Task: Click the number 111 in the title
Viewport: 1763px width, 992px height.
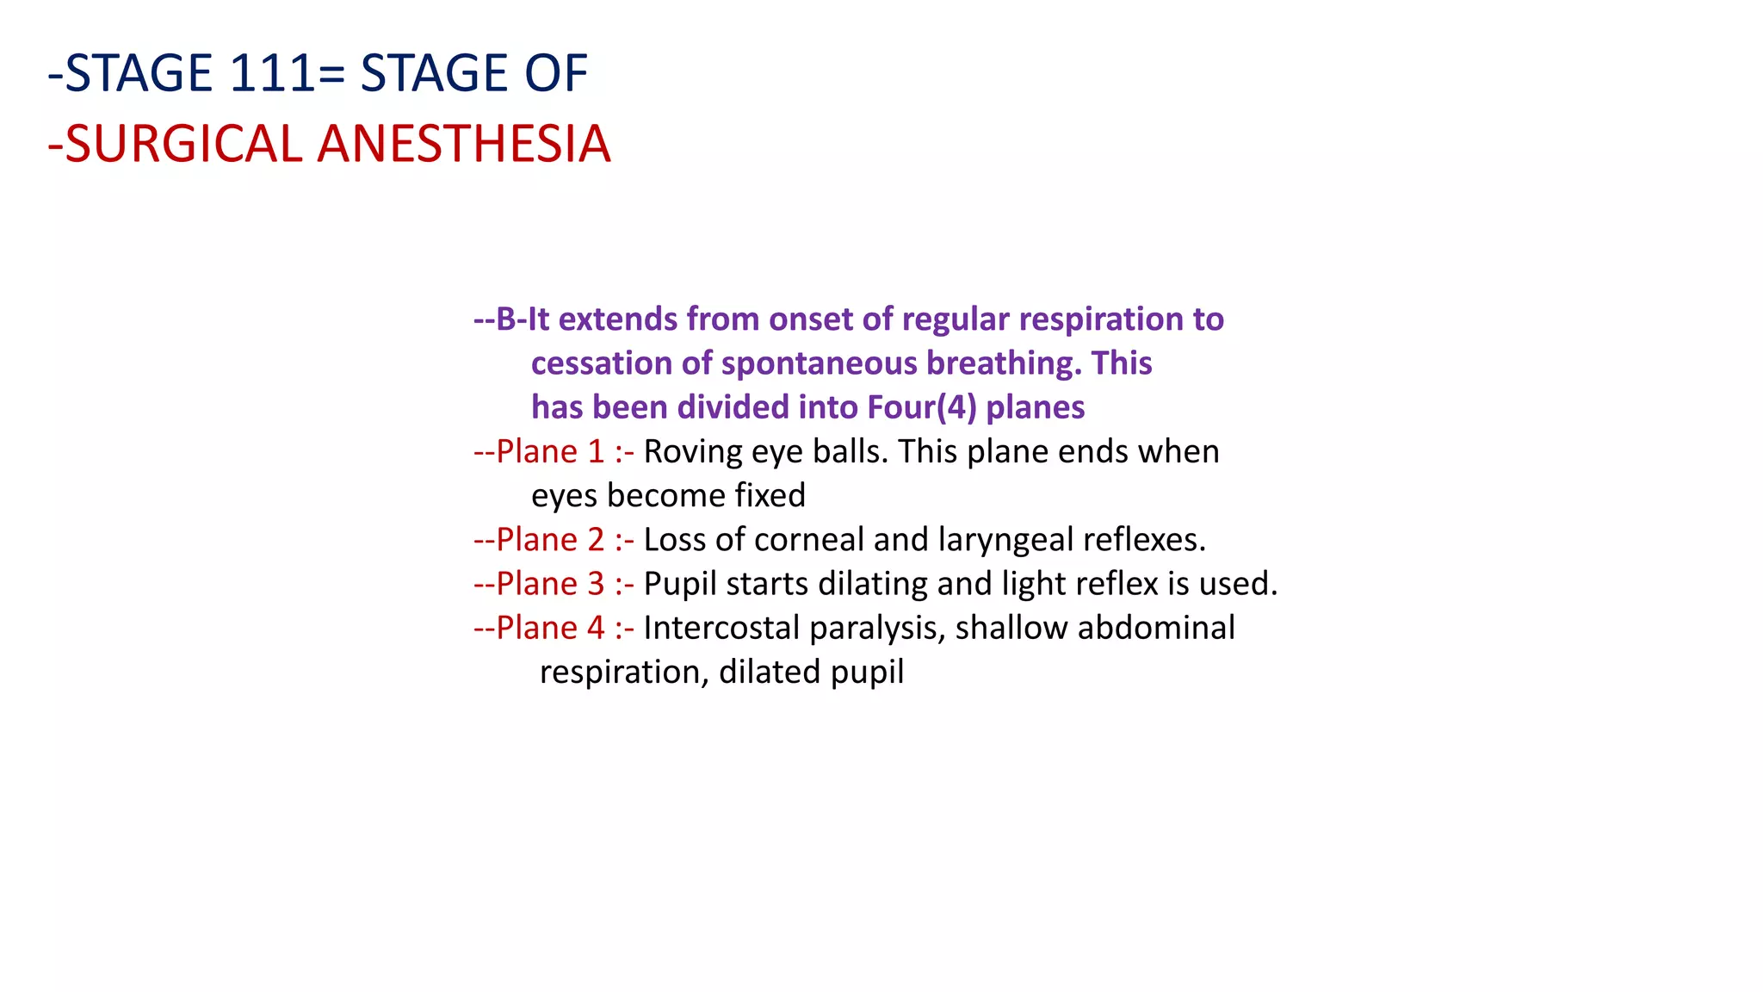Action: point(273,74)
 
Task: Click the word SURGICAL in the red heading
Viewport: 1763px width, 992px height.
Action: point(182,145)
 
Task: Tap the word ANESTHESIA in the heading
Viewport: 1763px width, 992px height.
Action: point(464,145)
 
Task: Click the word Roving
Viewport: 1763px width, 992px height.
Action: point(692,452)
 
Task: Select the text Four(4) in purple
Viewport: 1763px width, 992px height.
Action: point(922,407)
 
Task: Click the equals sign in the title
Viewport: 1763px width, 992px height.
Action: point(331,74)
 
